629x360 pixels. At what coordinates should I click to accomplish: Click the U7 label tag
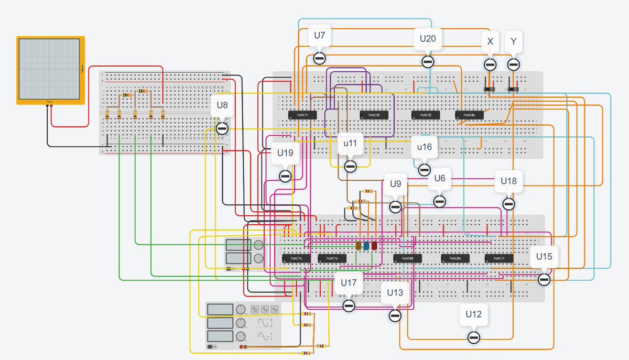coord(319,36)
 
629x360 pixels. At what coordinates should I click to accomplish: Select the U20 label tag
coord(428,38)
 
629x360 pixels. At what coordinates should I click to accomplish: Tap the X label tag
coord(490,41)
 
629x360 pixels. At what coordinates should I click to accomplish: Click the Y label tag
coord(513,41)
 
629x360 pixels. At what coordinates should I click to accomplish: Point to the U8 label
coord(222,105)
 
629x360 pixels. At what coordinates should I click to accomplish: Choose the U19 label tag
coord(285,154)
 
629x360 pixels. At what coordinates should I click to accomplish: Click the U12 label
coord(473,314)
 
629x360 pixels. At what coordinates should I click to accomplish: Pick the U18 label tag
coord(508,181)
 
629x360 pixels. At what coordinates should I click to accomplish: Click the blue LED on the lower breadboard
coord(366,246)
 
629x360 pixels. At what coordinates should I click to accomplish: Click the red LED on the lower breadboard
coord(374,246)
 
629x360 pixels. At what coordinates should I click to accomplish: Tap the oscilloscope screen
coord(50,70)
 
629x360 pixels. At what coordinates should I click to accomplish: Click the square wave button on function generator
coord(255,309)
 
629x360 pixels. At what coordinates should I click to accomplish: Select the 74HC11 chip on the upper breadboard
coord(302,115)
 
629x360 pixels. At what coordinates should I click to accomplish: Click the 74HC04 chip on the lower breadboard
coord(454,258)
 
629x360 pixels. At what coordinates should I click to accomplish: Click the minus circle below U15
coord(544,280)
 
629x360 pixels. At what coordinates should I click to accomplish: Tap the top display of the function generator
coord(220,309)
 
